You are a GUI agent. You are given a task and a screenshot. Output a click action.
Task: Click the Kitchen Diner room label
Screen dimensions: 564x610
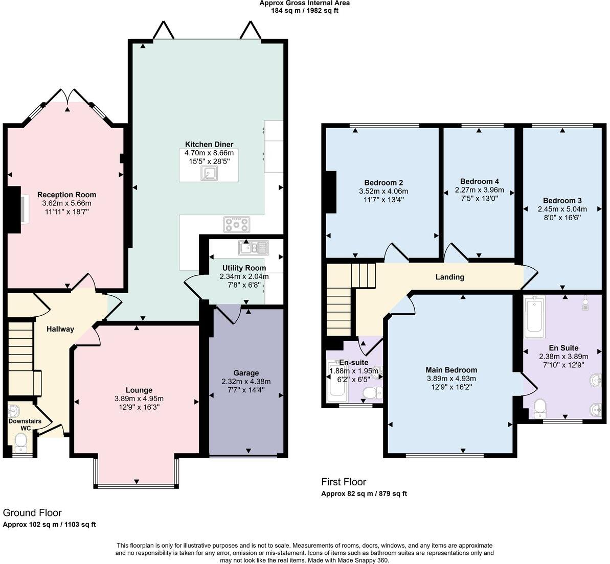[209, 144]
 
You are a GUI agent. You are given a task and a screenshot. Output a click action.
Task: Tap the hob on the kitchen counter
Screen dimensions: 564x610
[237, 224]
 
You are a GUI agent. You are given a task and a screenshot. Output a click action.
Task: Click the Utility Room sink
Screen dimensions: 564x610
[253, 248]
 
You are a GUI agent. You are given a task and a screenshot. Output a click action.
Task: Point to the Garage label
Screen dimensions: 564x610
[246, 373]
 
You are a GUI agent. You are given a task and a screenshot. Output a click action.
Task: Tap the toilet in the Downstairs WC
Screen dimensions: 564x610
[20, 442]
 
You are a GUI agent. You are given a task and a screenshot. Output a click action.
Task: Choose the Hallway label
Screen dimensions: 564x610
[60, 329]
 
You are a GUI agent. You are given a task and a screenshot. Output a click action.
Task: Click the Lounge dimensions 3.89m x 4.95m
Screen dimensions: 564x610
[139, 399]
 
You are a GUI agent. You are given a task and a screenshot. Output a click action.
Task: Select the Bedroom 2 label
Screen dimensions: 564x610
[383, 182]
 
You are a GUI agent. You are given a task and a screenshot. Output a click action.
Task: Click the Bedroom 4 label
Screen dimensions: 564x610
[479, 181]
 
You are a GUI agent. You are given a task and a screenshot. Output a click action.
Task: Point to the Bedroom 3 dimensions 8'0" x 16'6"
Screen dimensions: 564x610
[562, 217]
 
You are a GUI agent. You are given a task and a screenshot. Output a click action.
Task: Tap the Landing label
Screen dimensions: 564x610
[449, 277]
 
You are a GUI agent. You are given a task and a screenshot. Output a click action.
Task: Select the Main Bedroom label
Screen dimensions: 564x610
[451, 370]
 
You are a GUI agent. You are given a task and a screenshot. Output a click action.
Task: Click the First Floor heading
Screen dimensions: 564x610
[344, 482]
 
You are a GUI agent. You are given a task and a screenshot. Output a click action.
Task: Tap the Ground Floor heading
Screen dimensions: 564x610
[32, 512]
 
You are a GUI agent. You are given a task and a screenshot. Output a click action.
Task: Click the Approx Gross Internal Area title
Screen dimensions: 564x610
[304, 3]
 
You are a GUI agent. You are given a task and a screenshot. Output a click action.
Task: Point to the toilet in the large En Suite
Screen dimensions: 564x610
[539, 408]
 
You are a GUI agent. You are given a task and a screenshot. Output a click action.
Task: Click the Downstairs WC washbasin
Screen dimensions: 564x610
[14, 411]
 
